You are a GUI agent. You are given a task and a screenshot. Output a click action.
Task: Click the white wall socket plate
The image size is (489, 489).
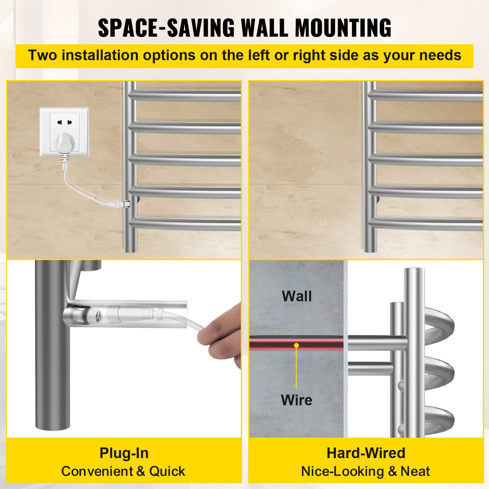click(64, 132)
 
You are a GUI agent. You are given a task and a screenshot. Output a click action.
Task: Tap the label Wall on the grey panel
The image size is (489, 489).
click(297, 296)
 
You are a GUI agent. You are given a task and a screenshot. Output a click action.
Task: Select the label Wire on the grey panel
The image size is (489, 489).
click(296, 400)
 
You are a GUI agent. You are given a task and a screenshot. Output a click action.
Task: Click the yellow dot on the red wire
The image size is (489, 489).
click(296, 345)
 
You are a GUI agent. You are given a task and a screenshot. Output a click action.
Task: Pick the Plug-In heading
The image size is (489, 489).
click(124, 453)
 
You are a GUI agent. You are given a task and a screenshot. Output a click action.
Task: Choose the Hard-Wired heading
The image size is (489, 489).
click(366, 453)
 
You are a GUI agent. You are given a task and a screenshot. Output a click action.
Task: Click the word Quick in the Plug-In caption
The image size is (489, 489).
click(167, 472)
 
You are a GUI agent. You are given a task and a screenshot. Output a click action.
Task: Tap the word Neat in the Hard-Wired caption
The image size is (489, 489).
click(415, 472)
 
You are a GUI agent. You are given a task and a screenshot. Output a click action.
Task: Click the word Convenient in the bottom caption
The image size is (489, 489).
click(97, 472)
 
